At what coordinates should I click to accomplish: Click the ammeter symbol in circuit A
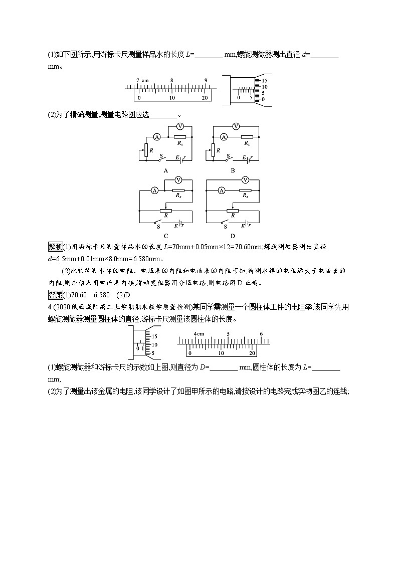pyautogui.click(x=156, y=136)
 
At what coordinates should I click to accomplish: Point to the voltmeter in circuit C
pyautogui.click(x=178, y=179)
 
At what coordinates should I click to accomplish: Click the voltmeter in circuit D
pyautogui.click(x=245, y=179)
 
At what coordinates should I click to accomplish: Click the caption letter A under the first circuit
pyautogui.click(x=165, y=170)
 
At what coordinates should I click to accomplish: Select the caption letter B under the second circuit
pyautogui.click(x=233, y=170)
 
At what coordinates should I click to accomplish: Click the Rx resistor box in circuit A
pyautogui.click(x=179, y=136)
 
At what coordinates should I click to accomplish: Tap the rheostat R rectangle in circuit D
pyautogui.click(x=233, y=211)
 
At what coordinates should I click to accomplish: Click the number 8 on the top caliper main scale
pyautogui.click(x=171, y=81)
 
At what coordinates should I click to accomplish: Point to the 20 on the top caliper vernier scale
pyautogui.click(x=205, y=98)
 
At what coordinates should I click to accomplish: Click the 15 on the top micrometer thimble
pyautogui.click(x=265, y=80)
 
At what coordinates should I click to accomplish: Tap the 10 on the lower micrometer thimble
pyautogui.click(x=154, y=345)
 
